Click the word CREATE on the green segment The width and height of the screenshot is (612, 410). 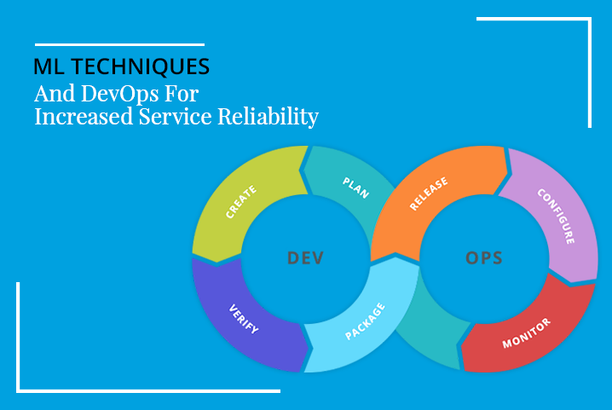(241, 201)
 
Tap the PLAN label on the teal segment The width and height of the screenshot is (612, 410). (355, 188)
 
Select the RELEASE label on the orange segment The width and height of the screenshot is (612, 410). (429, 193)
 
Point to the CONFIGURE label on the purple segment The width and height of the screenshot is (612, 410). (556, 217)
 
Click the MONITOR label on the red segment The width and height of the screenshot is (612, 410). (526, 333)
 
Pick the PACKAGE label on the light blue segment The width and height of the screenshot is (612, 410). (365, 321)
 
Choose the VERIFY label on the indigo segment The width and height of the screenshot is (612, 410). (244, 319)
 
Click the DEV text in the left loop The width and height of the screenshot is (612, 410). (305, 258)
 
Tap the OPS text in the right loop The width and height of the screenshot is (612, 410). (484, 258)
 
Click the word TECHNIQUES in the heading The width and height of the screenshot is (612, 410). (141, 66)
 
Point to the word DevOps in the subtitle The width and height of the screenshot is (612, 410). (120, 94)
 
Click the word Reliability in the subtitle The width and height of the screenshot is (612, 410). (268, 117)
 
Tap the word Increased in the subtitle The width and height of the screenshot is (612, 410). (84, 117)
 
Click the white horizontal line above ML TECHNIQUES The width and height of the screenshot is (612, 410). (119, 44)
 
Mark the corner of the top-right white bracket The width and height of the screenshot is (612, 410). (590, 19)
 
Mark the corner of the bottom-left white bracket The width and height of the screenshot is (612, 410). (18, 391)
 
